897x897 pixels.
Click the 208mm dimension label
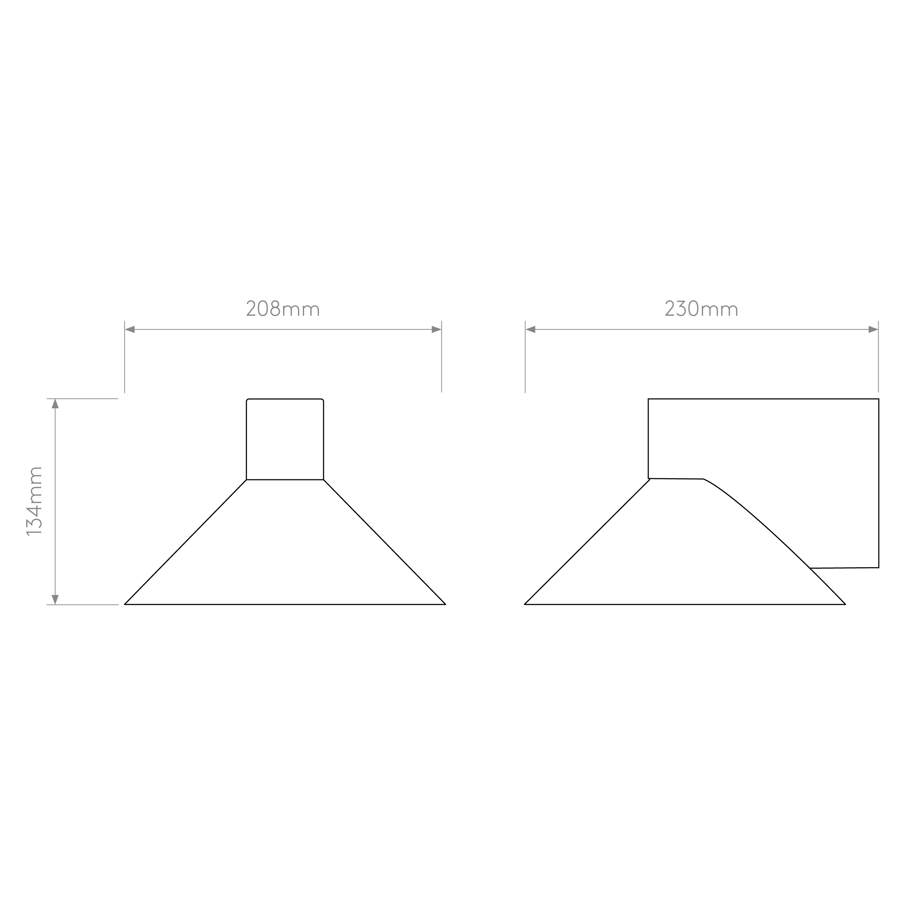click(x=283, y=309)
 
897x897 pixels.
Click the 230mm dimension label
click(x=701, y=309)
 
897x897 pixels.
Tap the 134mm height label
click(x=35, y=502)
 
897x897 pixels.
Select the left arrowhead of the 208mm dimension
click(x=130, y=330)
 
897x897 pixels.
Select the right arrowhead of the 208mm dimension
click(x=436, y=330)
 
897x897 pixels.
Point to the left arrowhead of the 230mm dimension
click(x=531, y=330)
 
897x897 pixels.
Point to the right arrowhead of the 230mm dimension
click(x=873, y=330)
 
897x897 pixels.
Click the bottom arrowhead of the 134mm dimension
click(x=55, y=600)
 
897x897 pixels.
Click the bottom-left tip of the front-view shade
click(x=125, y=605)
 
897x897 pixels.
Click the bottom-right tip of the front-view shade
click(x=446, y=605)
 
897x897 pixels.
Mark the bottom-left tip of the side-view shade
click(x=524, y=605)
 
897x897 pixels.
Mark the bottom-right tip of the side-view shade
click(x=845, y=605)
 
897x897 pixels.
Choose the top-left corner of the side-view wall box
click(x=648, y=399)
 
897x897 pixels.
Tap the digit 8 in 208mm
click(x=275, y=309)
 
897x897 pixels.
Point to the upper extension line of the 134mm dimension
click(x=82, y=399)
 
